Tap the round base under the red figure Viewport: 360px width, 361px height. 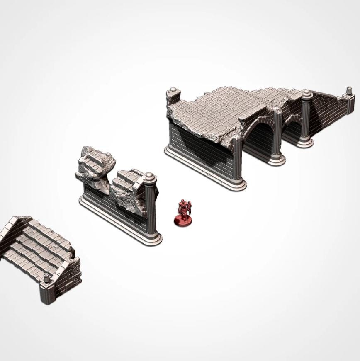point(183,221)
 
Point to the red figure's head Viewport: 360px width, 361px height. point(182,202)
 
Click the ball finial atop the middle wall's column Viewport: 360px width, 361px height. point(151,178)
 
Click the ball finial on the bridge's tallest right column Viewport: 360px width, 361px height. point(307,93)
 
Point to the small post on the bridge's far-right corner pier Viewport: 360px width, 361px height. point(350,91)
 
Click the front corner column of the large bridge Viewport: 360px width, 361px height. point(237,160)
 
